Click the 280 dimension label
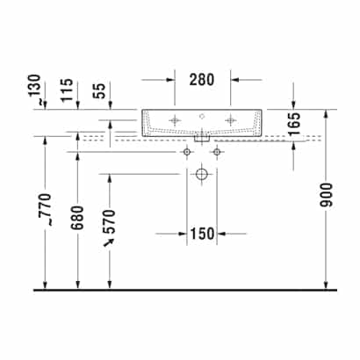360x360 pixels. (202, 80)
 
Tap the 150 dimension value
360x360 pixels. (203, 234)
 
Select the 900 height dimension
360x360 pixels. (326, 195)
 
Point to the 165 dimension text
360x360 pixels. (294, 123)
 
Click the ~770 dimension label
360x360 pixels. (46, 209)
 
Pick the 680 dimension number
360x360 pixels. (78, 218)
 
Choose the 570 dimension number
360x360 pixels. (110, 221)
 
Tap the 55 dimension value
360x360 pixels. (99, 91)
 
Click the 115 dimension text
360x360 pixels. (67, 90)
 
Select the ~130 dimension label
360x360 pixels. (35, 90)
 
